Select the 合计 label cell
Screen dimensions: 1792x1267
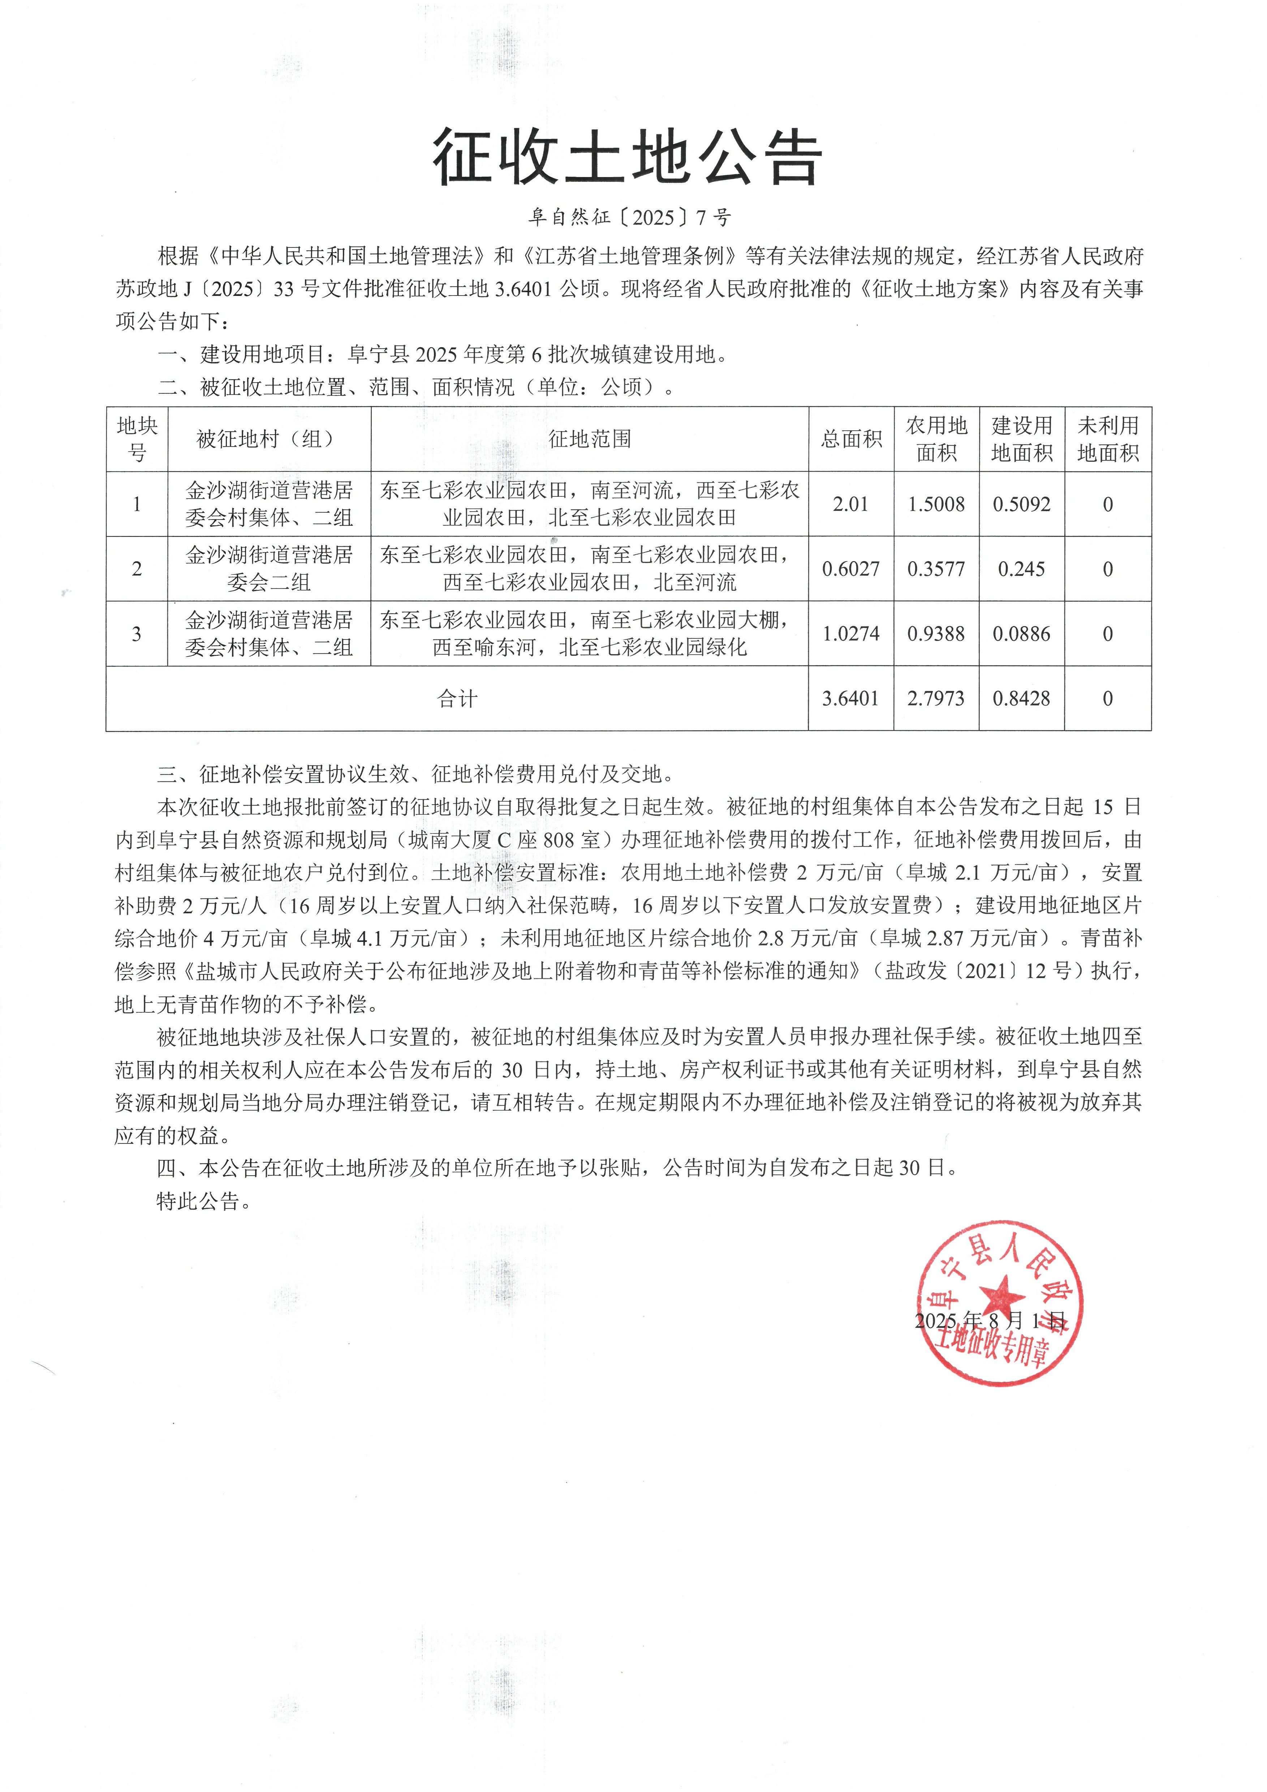(x=457, y=698)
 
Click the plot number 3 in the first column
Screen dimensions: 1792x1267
(x=137, y=634)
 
